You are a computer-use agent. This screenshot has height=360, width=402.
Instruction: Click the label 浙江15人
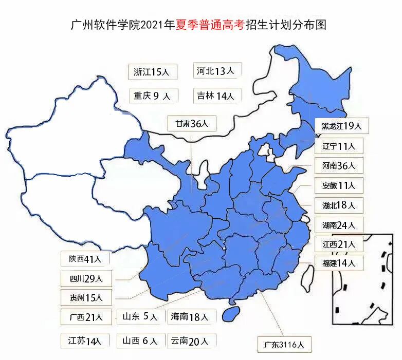(x=152, y=72)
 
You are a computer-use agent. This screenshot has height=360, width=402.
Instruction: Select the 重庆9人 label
(x=153, y=96)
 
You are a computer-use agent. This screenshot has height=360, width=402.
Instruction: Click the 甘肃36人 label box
(x=192, y=124)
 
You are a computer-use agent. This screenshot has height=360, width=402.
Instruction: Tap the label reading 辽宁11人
(x=339, y=146)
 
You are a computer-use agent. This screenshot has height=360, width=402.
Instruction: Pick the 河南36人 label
(x=339, y=165)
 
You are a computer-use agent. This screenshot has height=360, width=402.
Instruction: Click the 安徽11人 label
(x=339, y=185)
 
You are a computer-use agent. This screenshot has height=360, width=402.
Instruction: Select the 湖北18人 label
(x=339, y=205)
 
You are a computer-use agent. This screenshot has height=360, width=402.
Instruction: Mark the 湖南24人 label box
(x=339, y=225)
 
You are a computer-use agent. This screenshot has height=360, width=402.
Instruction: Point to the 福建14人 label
(x=339, y=263)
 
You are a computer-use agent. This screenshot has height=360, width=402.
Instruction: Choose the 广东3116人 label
(x=284, y=345)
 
